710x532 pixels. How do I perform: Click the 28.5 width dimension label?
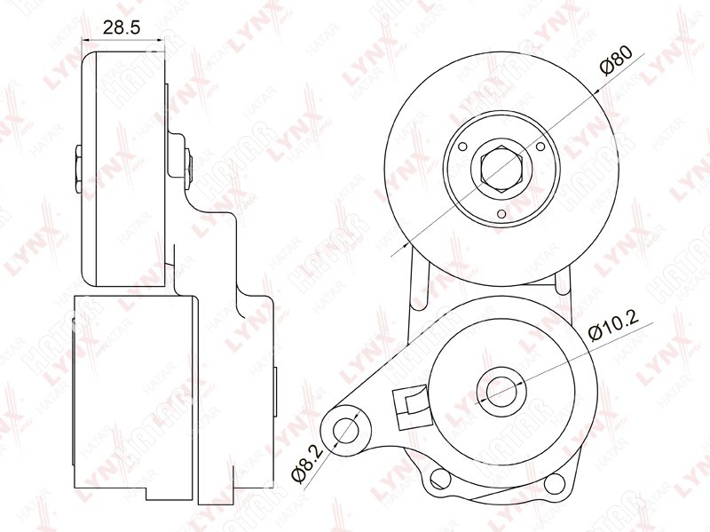pos(122,28)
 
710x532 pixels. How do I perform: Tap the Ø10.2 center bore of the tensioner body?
pos(501,390)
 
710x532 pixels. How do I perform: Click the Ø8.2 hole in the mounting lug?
pos(346,431)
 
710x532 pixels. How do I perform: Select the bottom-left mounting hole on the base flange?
pos(438,478)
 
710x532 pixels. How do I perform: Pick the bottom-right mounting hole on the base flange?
pos(554,483)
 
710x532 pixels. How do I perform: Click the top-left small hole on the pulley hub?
pos(462,147)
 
